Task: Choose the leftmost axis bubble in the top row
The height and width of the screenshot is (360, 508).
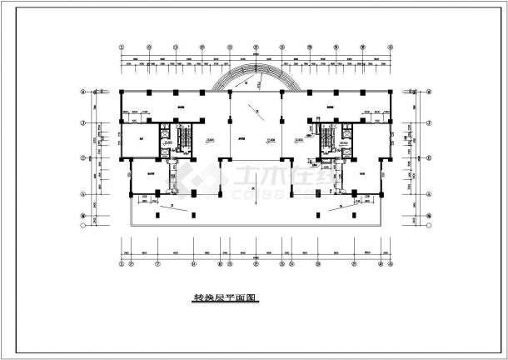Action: [x=122, y=47]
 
